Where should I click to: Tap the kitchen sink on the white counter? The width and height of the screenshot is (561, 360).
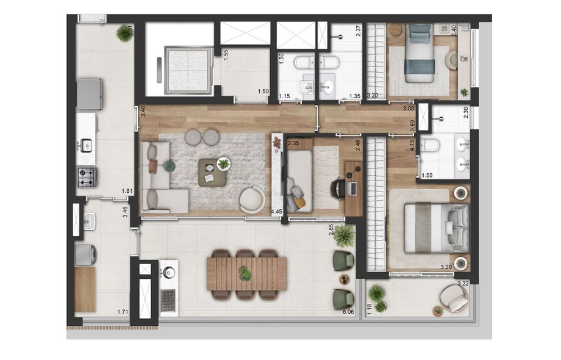point(86,145)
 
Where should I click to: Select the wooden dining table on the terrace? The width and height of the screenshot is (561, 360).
point(246,274)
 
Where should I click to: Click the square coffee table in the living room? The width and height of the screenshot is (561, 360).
point(213,173)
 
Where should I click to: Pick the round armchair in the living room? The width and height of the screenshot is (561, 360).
point(252,200)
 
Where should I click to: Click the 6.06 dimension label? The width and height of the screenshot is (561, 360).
point(348,312)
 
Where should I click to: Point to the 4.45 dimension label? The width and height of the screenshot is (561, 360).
point(277,212)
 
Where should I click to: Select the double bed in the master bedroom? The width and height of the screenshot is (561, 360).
point(437,228)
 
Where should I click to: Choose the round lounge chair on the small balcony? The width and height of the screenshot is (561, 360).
point(453,298)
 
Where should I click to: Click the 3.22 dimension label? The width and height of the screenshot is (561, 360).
point(463,284)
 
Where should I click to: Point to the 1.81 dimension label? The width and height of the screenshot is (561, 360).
point(127,191)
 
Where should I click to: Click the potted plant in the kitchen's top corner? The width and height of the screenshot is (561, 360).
point(124,34)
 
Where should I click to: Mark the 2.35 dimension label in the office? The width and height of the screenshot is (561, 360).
point(293,144)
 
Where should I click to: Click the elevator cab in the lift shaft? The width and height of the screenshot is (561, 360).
point(187,70)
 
